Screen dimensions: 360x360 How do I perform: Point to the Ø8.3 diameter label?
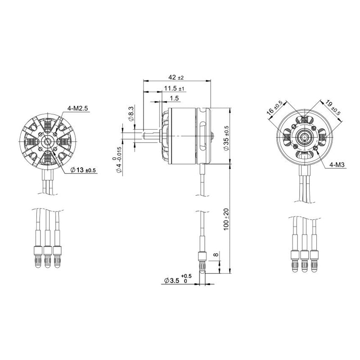131,114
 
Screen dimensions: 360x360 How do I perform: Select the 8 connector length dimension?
216,255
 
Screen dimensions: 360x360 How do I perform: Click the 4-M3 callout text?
337,165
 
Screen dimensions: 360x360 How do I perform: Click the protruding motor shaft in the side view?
151,134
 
